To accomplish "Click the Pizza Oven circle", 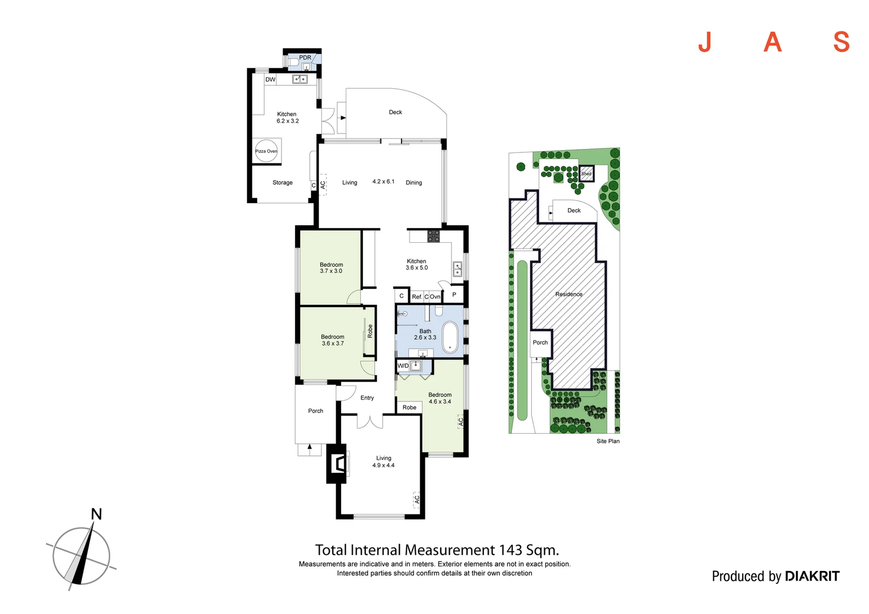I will click(x=266, y=151).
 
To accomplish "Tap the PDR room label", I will click(x=305, y=57).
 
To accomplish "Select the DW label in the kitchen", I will click(x=270, y=80).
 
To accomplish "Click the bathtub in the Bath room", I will click(x=450, y=337).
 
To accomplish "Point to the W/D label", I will click(x=403, y=366).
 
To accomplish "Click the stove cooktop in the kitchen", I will click(x=433, y=236).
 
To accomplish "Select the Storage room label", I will click(x=283, y=182).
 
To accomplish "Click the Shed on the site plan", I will click(x=586, y=173).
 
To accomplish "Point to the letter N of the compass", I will click(x=97, y=514).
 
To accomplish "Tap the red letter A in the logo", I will click(x=772, y=42).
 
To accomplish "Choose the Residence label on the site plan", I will click(x=569, y=294).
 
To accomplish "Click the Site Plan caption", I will click(x=608, y=441).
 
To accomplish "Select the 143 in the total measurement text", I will click(x=511, y=550).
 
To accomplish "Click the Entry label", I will click(x=367, y=398).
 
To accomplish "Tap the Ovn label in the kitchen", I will click(x=435, y=297).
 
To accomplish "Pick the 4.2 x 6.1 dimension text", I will click(x=383, y=181).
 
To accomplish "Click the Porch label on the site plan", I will click(x=540, y=342).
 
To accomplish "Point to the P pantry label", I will click(x=454, y=294).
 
